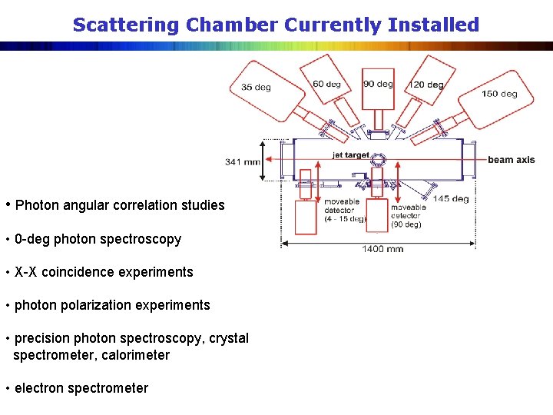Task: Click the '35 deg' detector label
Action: [256, 88]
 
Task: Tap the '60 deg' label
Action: [327, 84]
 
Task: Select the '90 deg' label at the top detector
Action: [378, 84]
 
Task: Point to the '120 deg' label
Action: [426, 85]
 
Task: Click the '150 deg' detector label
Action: [499, 94]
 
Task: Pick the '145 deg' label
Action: [451, 199]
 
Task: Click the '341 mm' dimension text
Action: [243, 161]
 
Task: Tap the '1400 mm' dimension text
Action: [382, 249]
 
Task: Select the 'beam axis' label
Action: [511, 160]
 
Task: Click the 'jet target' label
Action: [350, 155]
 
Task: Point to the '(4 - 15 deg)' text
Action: [345, 219]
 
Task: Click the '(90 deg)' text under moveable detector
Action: [406, 224]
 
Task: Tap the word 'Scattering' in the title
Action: [126, 25]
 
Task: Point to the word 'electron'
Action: [39, 388]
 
